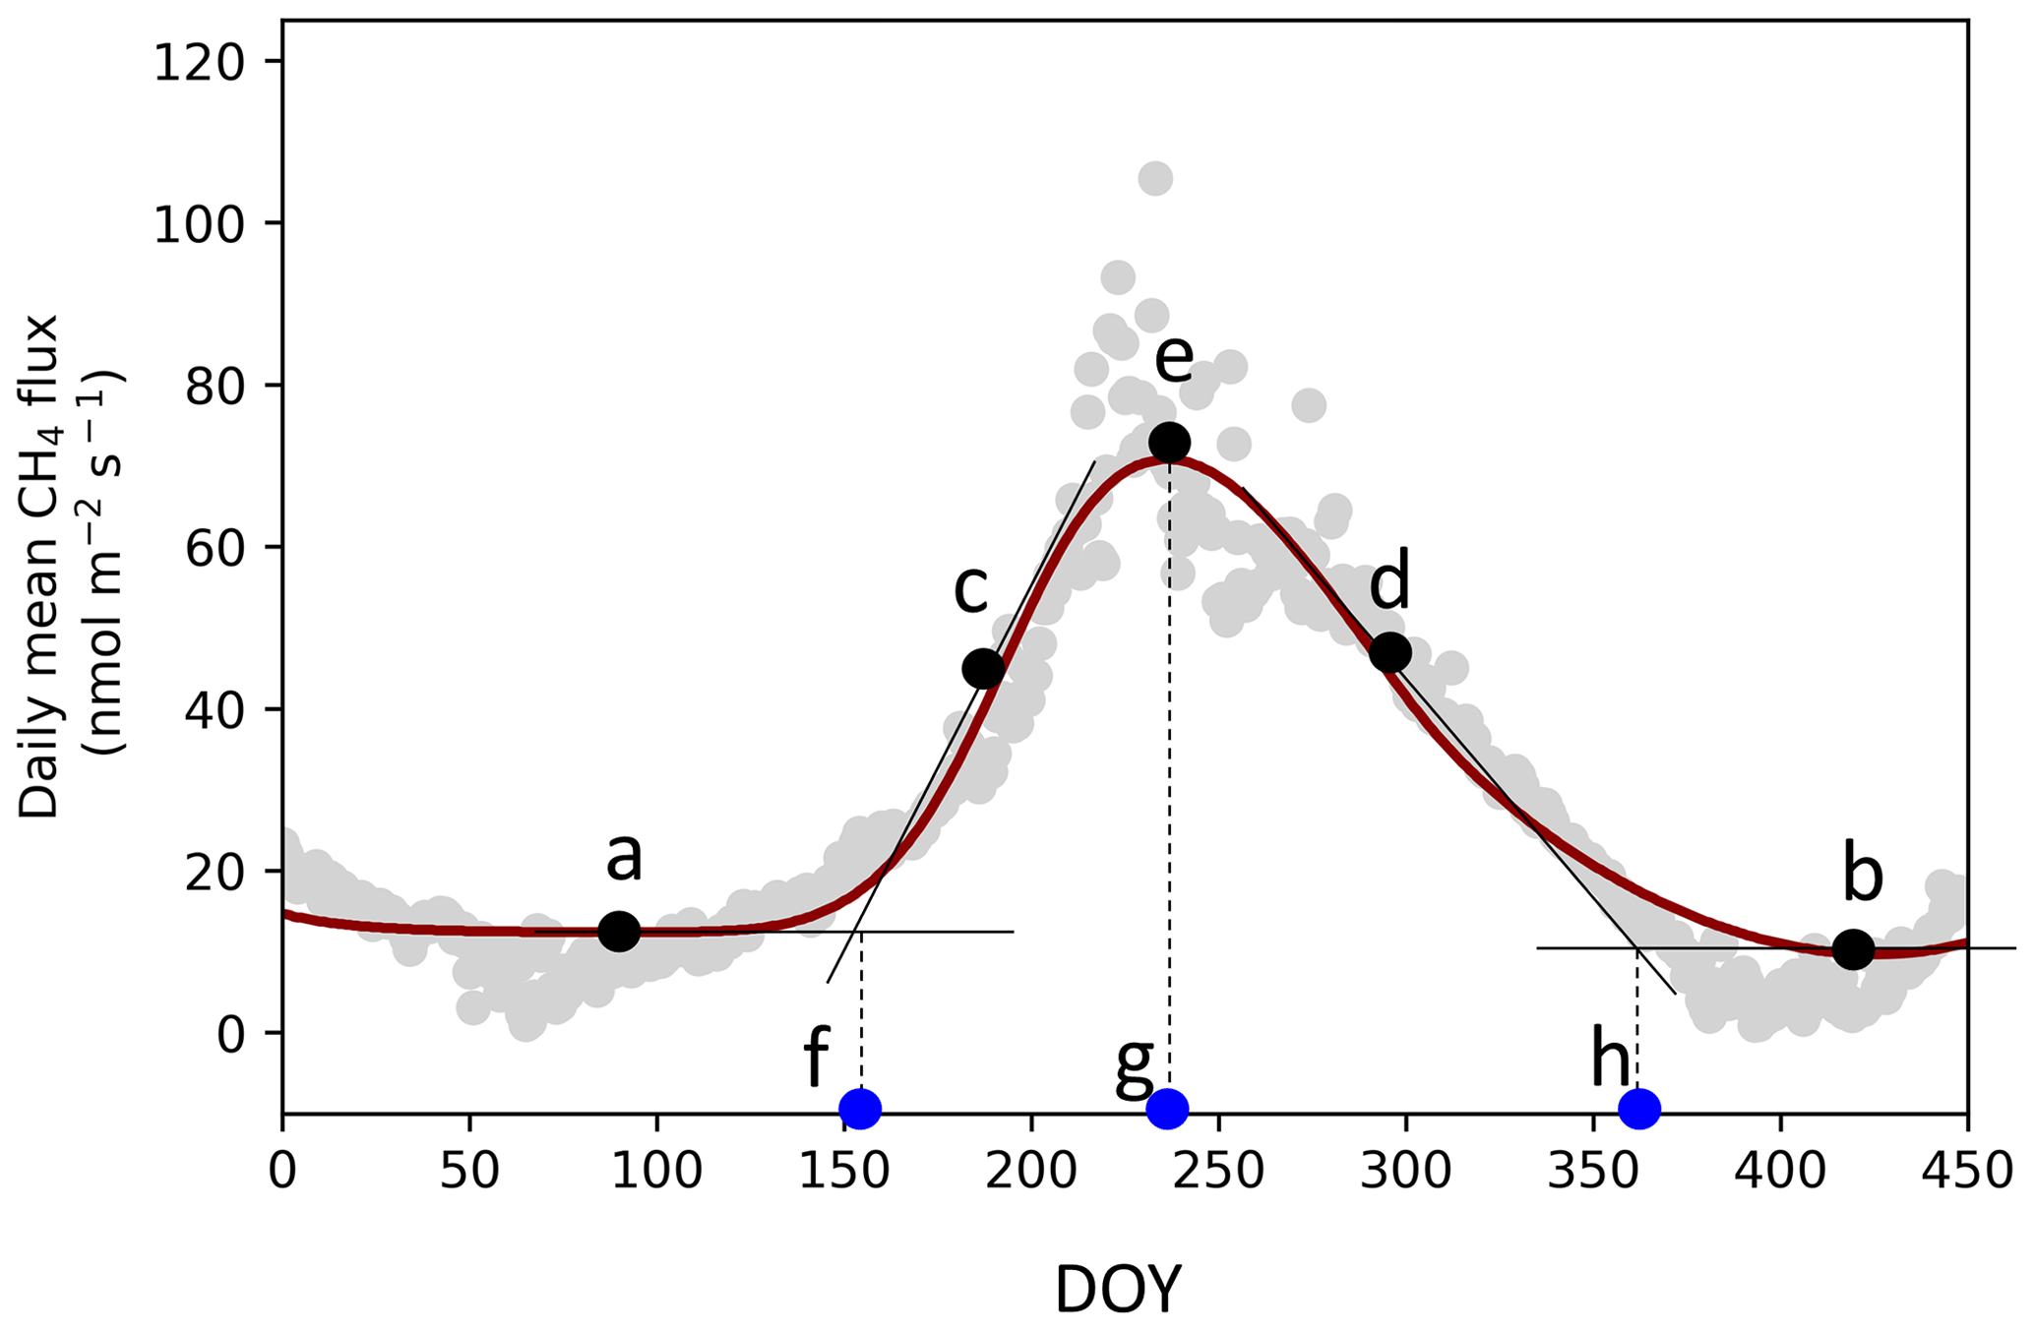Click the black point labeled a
click(x=619, y=931)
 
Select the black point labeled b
click(x=1853, y=949)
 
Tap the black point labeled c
click(x=983, y=669)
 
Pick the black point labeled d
click(x=1389, y=651)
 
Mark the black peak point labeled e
click(x=1169, y=442)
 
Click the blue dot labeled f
click(x=861, y=1110)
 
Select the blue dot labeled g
click(x=1168, y=1110)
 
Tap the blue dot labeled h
click(x=1639, y=1110)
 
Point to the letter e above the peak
click(x=1173, y=359)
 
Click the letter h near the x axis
click(x=1611, y=1061)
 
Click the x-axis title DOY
click(x=1118, y=1290)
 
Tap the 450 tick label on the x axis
click(x=1966, y=1173)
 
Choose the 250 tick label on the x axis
click(x=1218, y=1173)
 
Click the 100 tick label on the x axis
click(x=656, y=1173)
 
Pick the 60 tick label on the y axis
click(x=216, y=548)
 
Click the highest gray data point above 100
click(x=1155, y=179)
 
